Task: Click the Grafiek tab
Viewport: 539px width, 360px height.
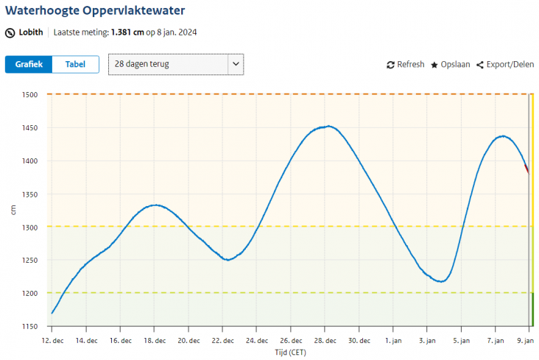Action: pyautogui.click(x=29, y=64)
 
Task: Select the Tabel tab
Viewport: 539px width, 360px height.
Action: pyautogui.click(x=75, y=64)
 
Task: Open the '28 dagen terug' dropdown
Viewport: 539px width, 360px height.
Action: pyautogui.click(x=175, y=64)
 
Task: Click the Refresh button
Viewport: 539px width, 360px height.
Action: pyautogui.click(x=405, y=65)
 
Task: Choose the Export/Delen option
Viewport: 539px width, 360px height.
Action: pyautogui.click(x=504, y=65)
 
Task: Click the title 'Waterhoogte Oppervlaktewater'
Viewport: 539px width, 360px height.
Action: pyautogui.click(x=95, y=11)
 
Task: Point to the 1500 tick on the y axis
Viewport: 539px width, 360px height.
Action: pyautogui.click(x=29, y=95)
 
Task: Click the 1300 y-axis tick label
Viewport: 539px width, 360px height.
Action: pyautogui.click(x=29, y=227)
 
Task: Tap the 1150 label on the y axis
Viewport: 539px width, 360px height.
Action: pyautogui.click(x=29, y=327)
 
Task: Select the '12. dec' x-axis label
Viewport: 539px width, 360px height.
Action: pyautogui.click(x=52, y=341)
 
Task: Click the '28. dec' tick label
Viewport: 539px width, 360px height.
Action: pyautogui.click(x=325, y=341)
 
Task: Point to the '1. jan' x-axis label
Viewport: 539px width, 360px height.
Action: pyautogui.click(x=393, y=341)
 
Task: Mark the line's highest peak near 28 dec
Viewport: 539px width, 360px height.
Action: pyautogui.click(x=327, y=126)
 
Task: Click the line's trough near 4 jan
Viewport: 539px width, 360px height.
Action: pyautogui.click(x=440, y=281)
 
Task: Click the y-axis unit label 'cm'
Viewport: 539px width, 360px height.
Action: pyautogui.click(x=13, y=211)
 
